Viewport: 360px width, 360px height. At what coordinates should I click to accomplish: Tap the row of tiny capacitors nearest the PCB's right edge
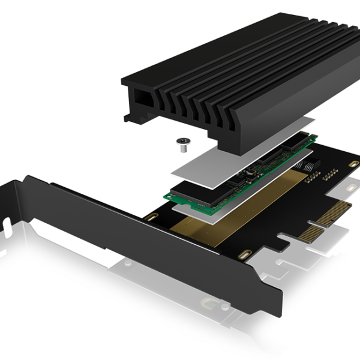(x=329, y=176)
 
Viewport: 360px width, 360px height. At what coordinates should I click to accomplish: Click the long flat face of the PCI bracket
(x=150, y=240)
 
